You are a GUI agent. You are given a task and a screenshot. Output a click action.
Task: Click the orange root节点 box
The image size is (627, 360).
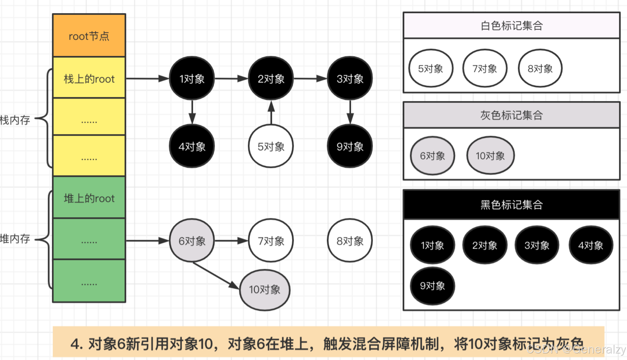coord(89,36)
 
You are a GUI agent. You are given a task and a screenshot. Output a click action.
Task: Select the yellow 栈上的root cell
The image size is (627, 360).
coord(89,78)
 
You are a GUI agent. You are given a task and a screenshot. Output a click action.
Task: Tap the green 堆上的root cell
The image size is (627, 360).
coord(89,198)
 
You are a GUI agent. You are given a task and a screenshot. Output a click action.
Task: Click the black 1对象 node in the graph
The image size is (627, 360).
coord(192,79)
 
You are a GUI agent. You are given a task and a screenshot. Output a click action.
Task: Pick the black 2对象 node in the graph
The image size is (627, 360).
coord(271,79)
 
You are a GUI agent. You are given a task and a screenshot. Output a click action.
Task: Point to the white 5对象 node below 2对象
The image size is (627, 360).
coord(271,146)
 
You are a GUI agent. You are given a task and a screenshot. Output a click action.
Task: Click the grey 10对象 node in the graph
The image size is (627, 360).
coord(265,289)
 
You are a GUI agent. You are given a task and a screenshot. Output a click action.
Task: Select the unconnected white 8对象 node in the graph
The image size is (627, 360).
coord(350,241)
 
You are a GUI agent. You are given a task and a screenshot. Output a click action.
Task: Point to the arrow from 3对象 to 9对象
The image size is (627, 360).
coord(350,112)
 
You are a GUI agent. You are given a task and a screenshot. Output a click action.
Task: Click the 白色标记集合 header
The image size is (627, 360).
coord(511,26)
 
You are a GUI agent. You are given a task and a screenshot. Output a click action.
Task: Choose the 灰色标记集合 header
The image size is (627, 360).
coord(511,115)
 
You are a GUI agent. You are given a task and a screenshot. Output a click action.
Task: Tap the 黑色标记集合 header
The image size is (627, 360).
coord(511,205)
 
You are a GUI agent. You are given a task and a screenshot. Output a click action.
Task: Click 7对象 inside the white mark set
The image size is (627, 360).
coord(485,68)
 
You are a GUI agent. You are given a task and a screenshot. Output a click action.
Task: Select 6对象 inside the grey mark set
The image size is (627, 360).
coord(432,156)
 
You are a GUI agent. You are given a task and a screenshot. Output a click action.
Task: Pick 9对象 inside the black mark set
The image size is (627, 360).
coord(432,286)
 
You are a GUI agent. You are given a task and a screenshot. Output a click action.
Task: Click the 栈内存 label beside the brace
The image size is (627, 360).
coord(15,120)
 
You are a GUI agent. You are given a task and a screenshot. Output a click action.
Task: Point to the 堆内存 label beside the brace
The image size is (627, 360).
coord(15,239)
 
